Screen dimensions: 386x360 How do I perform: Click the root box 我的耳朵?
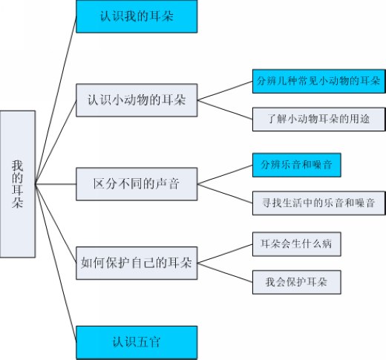(18, 184)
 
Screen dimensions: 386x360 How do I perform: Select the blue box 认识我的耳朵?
(137, 16)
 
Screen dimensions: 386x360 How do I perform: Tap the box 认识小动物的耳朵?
(137, 100)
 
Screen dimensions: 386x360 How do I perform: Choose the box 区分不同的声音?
(137, 184)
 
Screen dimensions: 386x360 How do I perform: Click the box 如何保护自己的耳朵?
(137, 263)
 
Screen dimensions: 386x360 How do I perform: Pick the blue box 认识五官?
(137, 342)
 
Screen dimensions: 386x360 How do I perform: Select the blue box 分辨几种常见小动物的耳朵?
(319, 82)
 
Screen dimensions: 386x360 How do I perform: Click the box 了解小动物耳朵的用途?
(319, 119)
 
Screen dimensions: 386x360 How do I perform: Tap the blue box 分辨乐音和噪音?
(296, 165)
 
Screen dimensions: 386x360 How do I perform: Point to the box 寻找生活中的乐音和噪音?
(319, 203)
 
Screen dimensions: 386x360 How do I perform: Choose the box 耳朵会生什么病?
(296, 244)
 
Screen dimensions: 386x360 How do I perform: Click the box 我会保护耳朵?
(296, 282)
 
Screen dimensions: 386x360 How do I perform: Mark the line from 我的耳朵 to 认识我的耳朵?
(56, 100)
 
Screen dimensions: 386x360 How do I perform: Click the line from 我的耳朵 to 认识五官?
(56, 264)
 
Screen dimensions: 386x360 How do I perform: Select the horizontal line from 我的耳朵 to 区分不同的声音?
(56, 184)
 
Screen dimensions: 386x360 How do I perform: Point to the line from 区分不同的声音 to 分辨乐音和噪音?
(225, 174)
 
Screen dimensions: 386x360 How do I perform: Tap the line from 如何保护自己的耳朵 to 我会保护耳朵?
(225, 272)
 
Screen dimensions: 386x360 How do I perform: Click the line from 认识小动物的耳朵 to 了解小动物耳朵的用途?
(225, 110)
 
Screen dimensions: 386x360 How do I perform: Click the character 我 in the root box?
(18, 166)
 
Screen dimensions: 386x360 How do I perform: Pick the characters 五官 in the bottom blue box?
(148, 342)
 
